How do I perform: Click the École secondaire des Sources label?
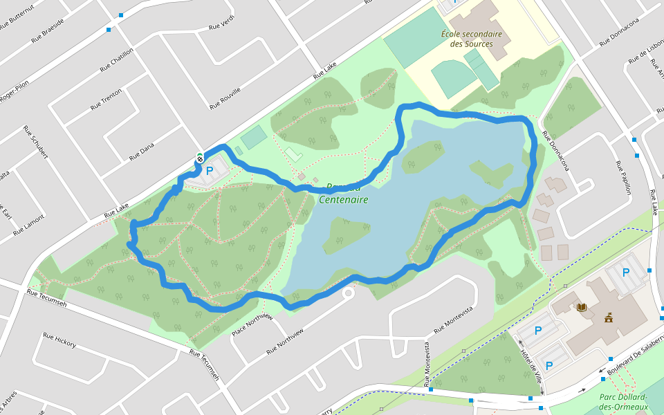(x=471, y=39)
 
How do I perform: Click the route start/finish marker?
(x=200, y=158)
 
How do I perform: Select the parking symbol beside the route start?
(x=209, y=170)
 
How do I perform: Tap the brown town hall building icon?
(x=609, y=318)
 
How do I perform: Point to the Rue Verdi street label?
(x=222, y=22)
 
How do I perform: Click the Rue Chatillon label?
(x=116, y=59)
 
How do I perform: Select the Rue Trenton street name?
(x=106, y=100)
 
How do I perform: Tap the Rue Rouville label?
(x=225, y=99)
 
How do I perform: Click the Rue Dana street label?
(x=142, y=151)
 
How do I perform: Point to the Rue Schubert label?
(x=35, y=142)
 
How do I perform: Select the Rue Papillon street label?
(x=623, y=178)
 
